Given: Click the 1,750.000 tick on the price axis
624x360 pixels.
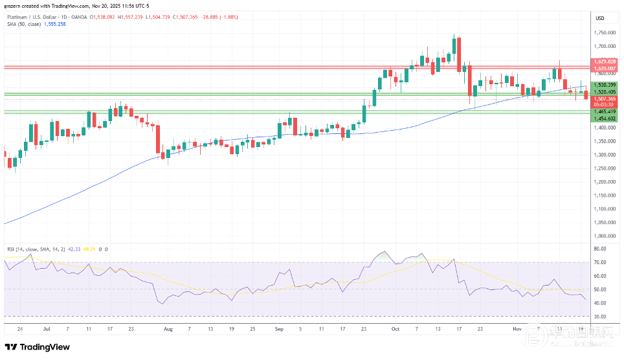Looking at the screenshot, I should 605,32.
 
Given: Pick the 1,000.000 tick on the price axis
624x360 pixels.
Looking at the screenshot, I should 605,236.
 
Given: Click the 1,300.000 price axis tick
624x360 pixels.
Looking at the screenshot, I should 605,155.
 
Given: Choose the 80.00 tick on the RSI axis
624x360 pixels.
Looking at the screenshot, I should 599,249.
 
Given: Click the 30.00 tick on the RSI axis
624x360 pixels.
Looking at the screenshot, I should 599,317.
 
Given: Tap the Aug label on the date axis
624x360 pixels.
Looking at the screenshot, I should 168,328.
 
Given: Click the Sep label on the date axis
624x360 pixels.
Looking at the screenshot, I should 280,328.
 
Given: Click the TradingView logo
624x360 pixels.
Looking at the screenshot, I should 38,347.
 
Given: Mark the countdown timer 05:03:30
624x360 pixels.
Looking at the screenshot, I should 603,104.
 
